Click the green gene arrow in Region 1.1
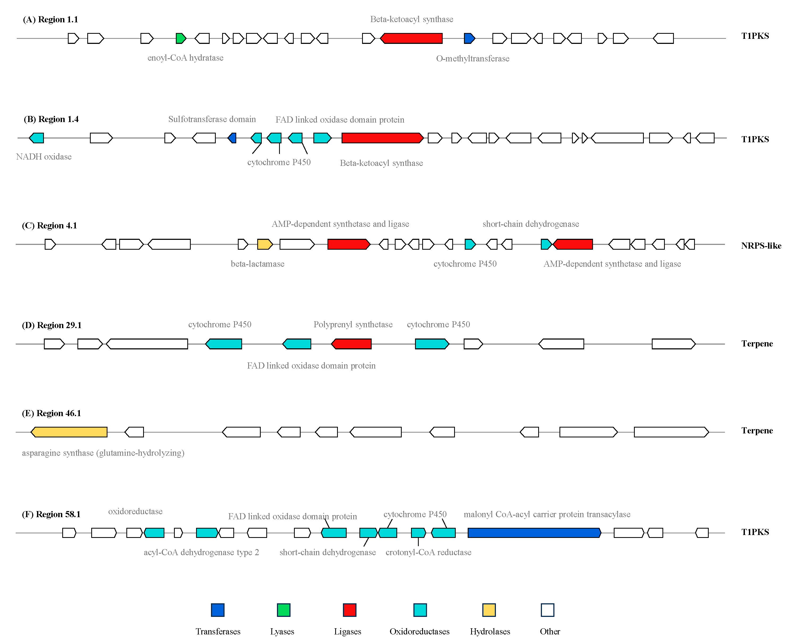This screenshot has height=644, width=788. [181, 38]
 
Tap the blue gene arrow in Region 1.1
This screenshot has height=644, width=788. [470, 38]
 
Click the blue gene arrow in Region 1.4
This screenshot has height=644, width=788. [232, 138]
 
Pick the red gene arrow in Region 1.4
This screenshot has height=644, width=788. [382, 138]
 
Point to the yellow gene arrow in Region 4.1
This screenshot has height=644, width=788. [265, 244]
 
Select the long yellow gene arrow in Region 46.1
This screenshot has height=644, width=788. [69, 432]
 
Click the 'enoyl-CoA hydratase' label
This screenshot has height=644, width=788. [185, 58]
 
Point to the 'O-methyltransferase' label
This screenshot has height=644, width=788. [472, 58]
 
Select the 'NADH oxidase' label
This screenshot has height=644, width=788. [44, 157]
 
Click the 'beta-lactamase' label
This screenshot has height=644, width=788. [258, 264]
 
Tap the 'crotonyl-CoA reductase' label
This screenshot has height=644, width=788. [428, 552]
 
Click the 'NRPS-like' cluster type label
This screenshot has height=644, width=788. [761, 246]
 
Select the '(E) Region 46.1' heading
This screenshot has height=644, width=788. [51, 413]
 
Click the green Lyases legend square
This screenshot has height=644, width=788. [284, 610]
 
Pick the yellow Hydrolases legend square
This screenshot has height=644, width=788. [489, 610]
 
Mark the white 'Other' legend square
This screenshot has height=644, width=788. [548, 610]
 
